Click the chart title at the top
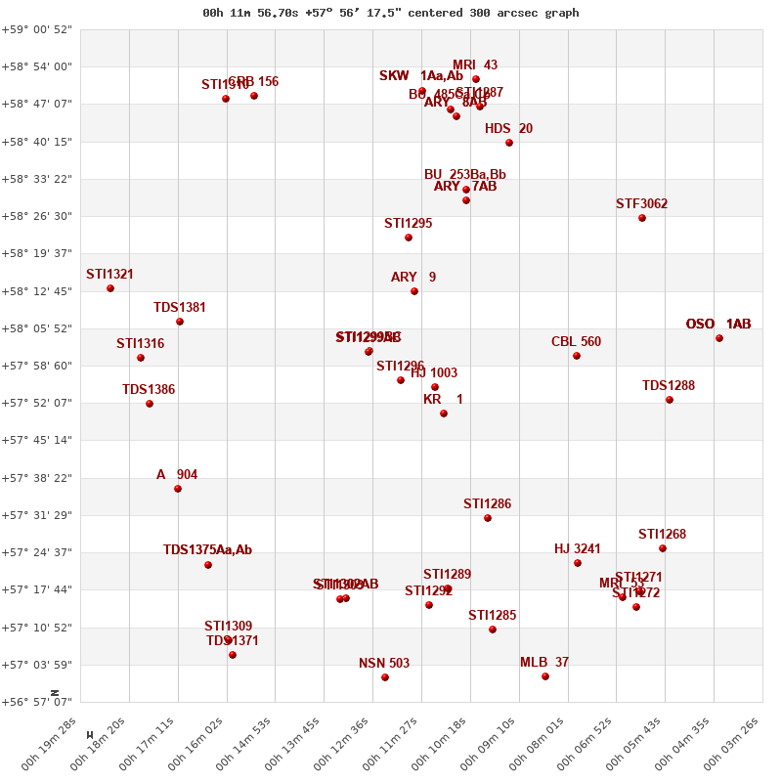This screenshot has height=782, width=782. pos(391,13)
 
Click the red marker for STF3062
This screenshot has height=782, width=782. pos(642,218)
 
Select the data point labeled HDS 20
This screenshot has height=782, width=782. pos(509,143)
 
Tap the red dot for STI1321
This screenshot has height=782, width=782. pos(110,288)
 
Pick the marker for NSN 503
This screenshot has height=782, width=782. pos(385,677)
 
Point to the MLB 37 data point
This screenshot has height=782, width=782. pos(545,676)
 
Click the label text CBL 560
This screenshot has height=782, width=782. pos(576,342)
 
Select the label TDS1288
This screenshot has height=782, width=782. pos(669,386)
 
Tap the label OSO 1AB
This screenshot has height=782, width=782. pos(718,325)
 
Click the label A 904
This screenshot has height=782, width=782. pos(177,475)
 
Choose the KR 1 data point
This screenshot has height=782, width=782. pos(444,413)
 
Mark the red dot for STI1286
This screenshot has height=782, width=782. pos(488,518)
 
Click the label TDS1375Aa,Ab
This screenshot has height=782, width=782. pos(207,550)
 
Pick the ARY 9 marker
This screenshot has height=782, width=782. pos(414,291)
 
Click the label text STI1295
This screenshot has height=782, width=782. pos(408,224)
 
